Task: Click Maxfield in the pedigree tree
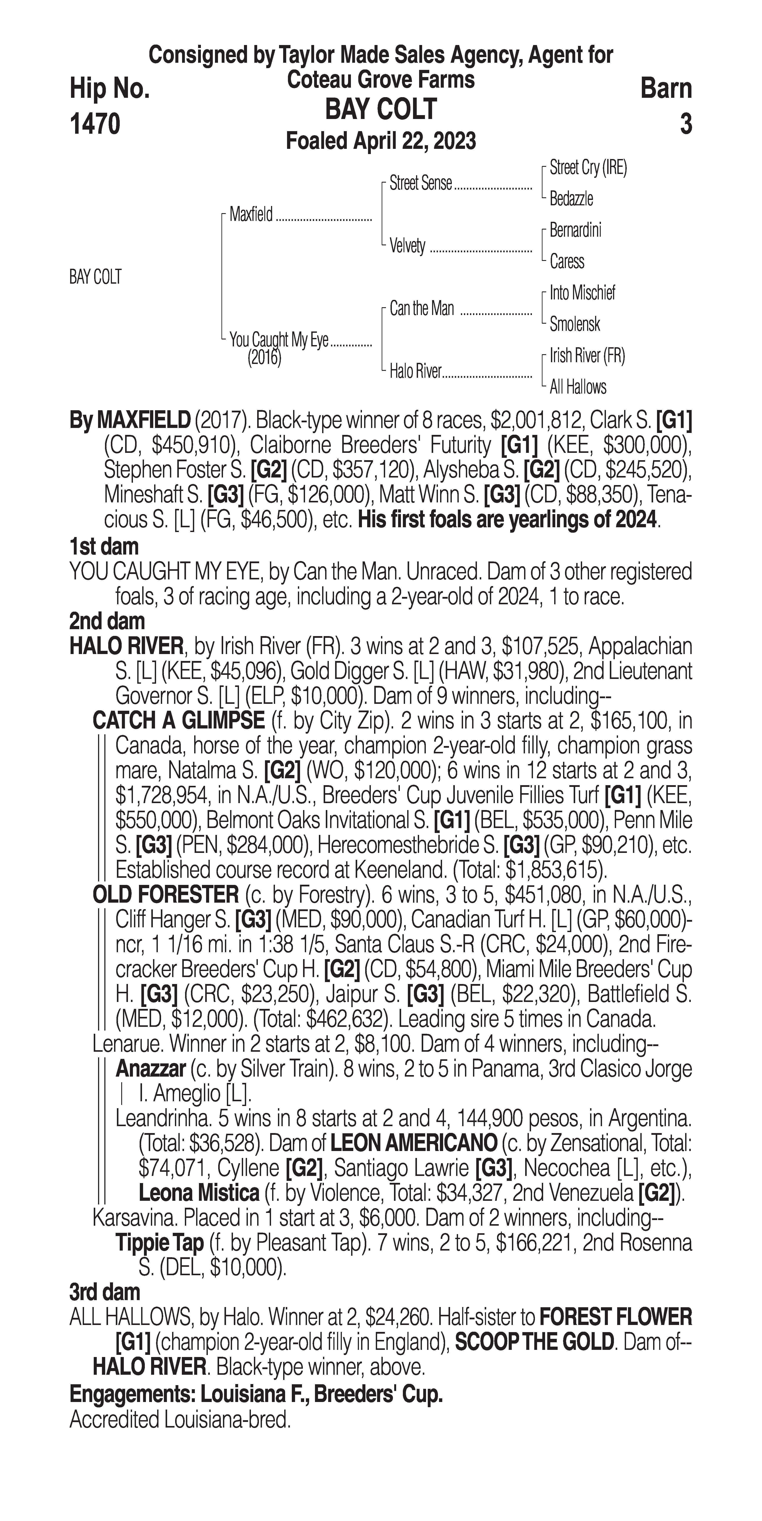pos(251,214)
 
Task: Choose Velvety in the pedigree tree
pos(408,246)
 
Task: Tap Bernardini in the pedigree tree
pos(575,230)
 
